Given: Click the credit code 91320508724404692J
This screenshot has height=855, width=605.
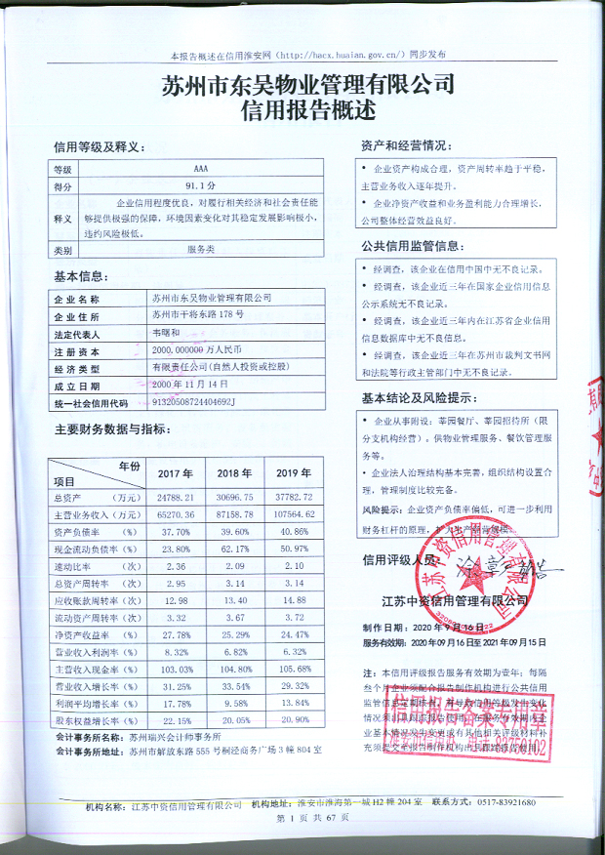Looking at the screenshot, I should click(x=194, y=401).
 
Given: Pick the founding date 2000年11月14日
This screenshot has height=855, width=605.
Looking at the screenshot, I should click(x=185, y=385).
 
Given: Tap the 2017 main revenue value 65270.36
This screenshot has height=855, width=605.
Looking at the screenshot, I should click(x=177, y=513).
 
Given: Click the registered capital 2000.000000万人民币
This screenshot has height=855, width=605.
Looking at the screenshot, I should click(x=200, y=349).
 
